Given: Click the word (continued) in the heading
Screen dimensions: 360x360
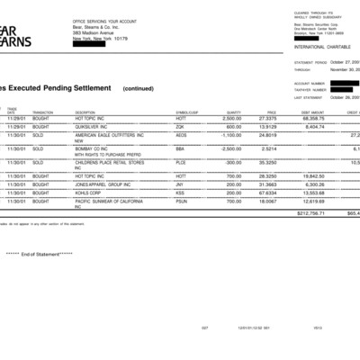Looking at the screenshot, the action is click(x=139, y=88).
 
